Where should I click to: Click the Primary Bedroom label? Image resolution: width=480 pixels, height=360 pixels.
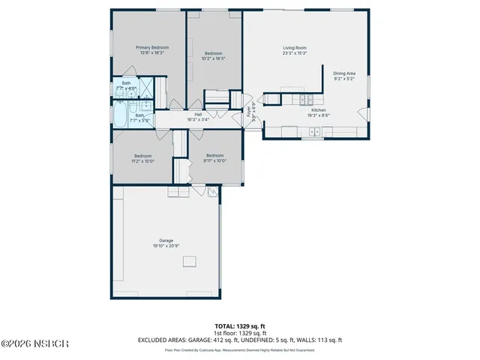(x=152, y=47)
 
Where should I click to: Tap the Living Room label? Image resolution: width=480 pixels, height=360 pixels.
(x=294, y=47)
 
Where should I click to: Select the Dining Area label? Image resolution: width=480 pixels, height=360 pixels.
(x=344, y=73)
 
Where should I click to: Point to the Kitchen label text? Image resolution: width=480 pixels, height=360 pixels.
(x=319, y=109)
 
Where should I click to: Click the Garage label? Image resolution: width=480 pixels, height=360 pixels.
(x=166, y=241)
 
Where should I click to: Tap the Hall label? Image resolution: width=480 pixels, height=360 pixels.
(x=199, y=114)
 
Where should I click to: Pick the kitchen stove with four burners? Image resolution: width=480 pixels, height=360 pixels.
(x=306, y=98)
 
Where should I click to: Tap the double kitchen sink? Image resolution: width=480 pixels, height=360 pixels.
(x=314, y=133)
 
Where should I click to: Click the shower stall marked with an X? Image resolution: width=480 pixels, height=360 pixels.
(x=149, y=86)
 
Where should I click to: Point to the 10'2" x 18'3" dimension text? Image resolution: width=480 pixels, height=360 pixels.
(x=214, y=58)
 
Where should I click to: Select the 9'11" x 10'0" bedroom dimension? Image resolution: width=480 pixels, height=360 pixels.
(x=215, y=160)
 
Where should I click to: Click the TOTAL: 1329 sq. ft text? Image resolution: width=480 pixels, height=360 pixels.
(x=240, y=326)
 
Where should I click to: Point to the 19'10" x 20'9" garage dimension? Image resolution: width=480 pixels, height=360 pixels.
(x=166, y=246)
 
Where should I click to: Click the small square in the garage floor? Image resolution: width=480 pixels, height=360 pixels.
(x=190, y=260)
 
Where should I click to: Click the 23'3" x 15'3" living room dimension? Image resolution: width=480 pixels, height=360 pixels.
(x=294, y=53)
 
